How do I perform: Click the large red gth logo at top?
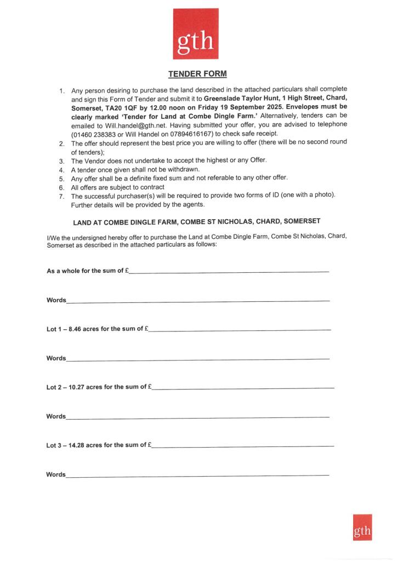click(195, 33)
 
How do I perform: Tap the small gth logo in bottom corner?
click(362, 528)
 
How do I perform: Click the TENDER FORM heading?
click(197, 73)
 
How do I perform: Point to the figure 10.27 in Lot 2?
click(80, 387)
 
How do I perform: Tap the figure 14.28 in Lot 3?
click(80, 445)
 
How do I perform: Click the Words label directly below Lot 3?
click(56, 474)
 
